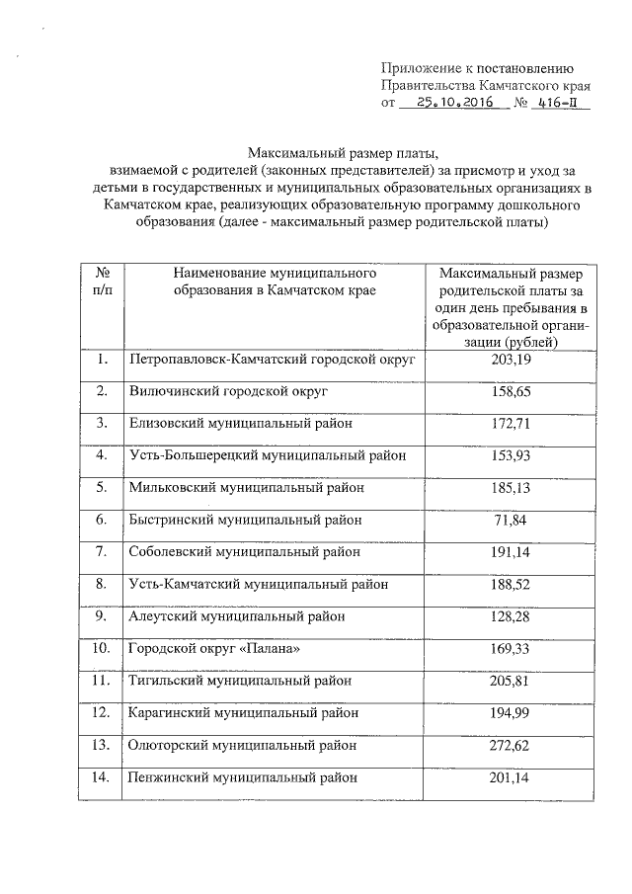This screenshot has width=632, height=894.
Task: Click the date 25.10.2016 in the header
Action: coord(454,103)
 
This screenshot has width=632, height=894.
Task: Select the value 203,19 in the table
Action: coord(511,360)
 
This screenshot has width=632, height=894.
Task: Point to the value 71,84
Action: coord(511,519)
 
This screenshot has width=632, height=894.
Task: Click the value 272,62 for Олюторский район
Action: coord(511,745)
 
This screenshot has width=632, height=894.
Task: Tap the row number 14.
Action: coord(101,777)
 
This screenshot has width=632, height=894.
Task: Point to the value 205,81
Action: coord(511,681)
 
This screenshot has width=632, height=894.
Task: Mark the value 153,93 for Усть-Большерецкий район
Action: coord(511,454)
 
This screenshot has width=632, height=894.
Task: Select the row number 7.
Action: coord(101,551)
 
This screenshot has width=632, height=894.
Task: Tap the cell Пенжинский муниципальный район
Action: coord(242,777)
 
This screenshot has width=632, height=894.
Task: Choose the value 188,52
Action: coord(511,584)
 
